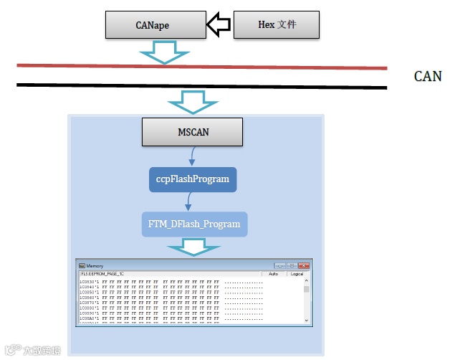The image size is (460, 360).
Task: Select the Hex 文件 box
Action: coord(277,25)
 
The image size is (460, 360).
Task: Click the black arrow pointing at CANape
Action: coord(219,26)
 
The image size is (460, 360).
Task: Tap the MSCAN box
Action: coord(192,133)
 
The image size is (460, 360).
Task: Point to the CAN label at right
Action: coord(428,77)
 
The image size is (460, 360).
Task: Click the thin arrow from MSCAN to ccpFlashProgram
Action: coord(192,154)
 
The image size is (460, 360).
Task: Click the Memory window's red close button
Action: coord(305,265)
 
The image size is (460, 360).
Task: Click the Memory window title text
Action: coord(95,265)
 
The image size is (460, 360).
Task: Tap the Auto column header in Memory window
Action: coord(273,274)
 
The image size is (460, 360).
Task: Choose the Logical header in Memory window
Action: coord(297,274)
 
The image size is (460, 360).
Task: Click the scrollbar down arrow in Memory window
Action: coord(307,320)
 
